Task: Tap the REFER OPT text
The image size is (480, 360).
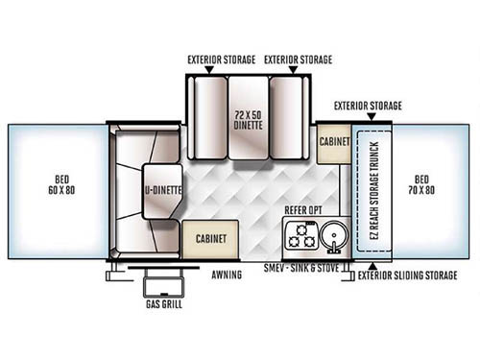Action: pos(305,208)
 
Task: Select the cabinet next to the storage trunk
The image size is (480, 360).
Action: pos(335,140)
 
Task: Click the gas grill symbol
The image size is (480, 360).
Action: pos(165,286)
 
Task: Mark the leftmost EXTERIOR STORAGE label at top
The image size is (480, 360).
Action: pos(222,60)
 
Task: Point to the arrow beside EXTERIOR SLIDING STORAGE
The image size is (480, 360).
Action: pos(351,276)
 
